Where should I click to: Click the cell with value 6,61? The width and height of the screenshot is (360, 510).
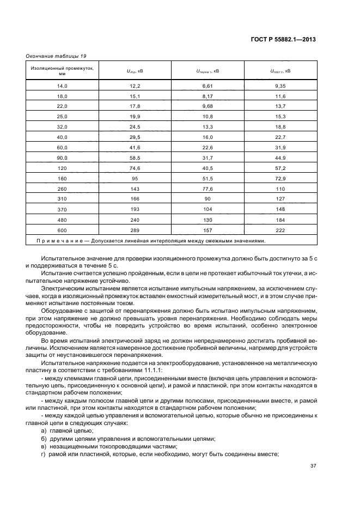pos(208,86)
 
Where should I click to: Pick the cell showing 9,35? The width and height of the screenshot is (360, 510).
pos(280,86)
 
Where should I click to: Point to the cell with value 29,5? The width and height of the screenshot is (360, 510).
pos(135,137)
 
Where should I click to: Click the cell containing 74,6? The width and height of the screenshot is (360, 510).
pos(135,168)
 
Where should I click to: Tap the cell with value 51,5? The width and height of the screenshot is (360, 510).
pos(208,178)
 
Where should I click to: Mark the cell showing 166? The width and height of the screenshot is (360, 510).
pos(135,198)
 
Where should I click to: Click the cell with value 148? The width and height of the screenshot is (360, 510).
pos(280,209)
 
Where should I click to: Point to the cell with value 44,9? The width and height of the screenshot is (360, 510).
pos(280,157)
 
